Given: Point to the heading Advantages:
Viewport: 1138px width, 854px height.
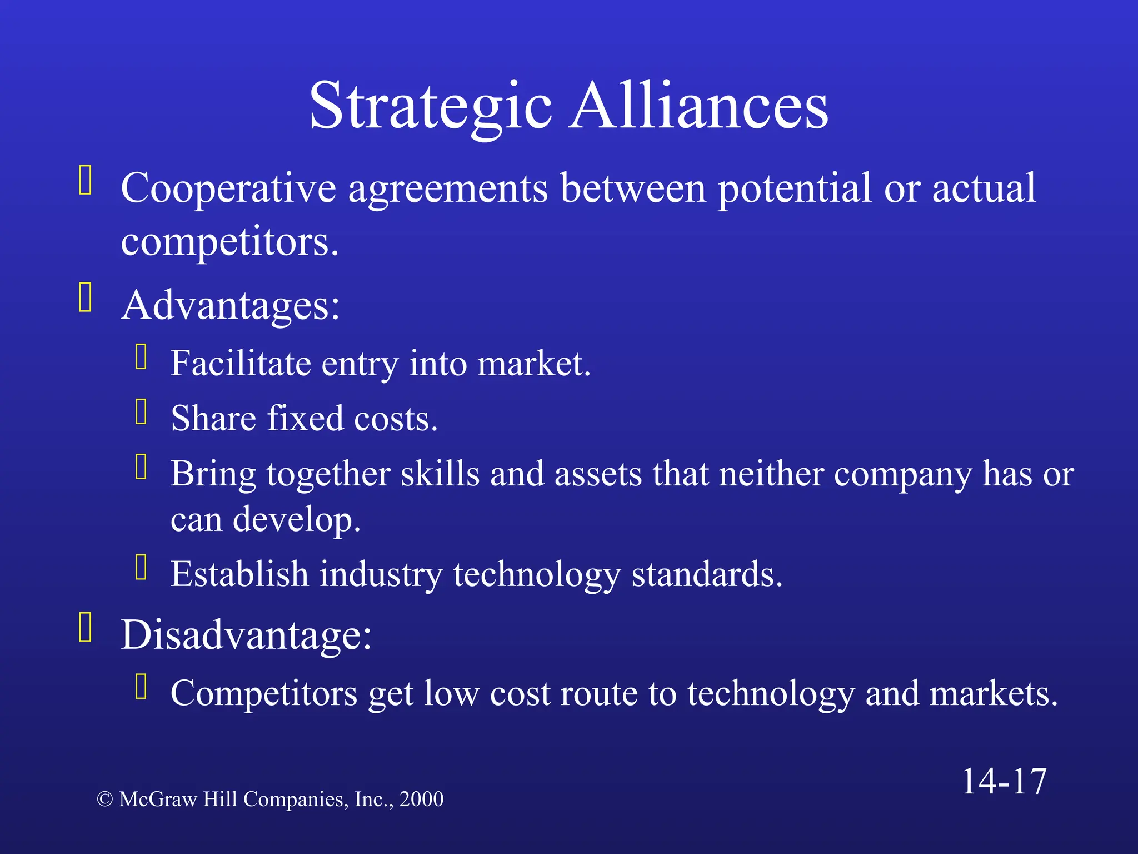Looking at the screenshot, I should (x=231, y=306).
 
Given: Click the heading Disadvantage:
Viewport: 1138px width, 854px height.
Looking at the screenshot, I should (x=246, y=635).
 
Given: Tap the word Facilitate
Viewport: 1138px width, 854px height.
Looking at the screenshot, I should (x=241, y=364).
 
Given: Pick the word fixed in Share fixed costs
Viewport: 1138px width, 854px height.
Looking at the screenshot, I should (x=305, y=418).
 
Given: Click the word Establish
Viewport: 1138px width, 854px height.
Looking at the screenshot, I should (x=239, y=574).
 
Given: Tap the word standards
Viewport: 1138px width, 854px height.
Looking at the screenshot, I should (x=707, y=574).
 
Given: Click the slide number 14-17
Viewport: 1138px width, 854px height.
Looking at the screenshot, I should (x=1004, y=781).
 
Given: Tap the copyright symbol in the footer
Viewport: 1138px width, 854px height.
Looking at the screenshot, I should (x=104, y=800).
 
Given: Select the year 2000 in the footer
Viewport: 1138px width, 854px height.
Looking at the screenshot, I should (x=421, y=800).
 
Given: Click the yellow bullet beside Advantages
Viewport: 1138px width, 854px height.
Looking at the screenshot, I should (x=86, y=298).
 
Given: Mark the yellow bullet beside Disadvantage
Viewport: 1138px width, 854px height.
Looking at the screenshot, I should (x=86, y=627).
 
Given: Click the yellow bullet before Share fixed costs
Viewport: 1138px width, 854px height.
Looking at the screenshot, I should (x=141, y=412).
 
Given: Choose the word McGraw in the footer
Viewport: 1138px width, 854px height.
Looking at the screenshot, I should (x=158, y=800).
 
